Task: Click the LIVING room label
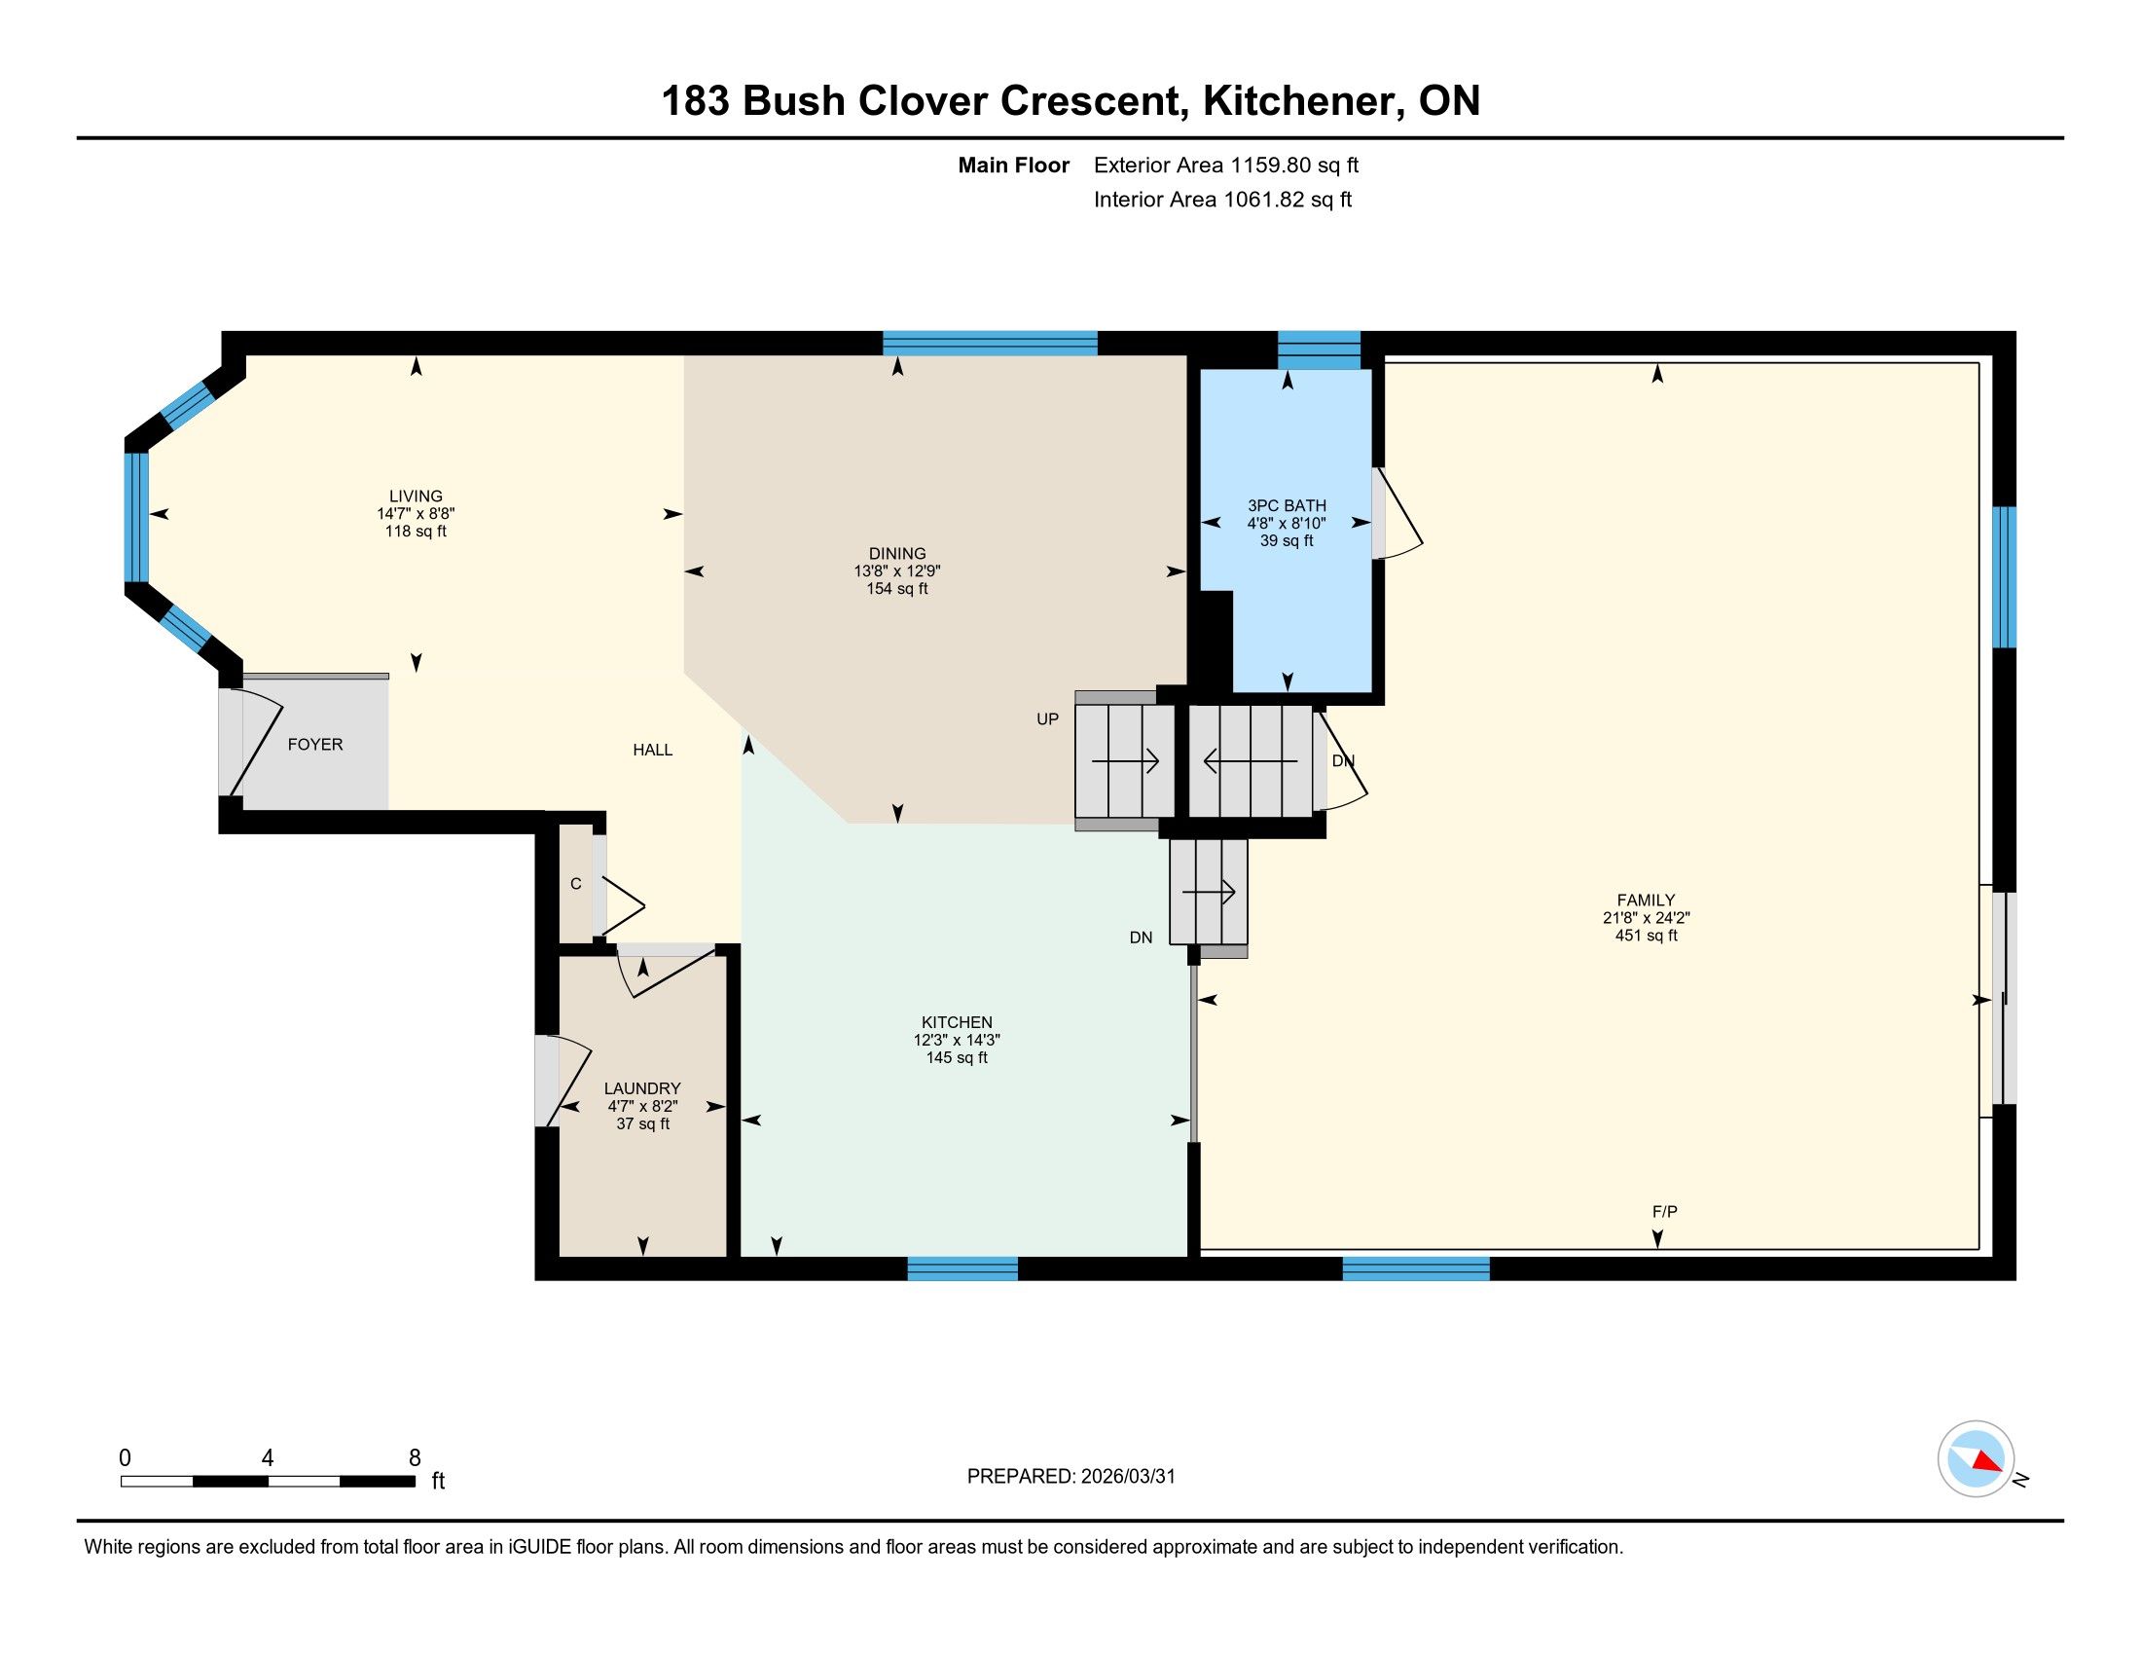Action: pyautogui.click(x=416, y=496)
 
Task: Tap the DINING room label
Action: pyautogui.click(x=897, y=553)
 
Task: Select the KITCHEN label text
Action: pyautogui.click(x=957, y=1021)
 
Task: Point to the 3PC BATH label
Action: pyautogui.click(x=1287, y=506)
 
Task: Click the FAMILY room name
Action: pyautogui.click(x=1646, y=901)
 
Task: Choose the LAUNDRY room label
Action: pyautogui.click(x=642, y=1088)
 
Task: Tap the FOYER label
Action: pyautogui.click(x=314, y=744)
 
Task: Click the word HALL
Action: pyautogui.click(x=653, y=750)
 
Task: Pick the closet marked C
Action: pyautogui.click(x=576, y=884)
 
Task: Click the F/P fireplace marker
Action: pyautogui.click(x=1664, y=1212)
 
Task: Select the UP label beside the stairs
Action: pyautogui.click(x=1048, y=718)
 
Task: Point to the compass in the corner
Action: pyautogui.click(x=1977, y=1459)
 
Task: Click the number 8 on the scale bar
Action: pyautogui.click(x=415, y=1458)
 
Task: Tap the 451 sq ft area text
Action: pyautogui.click(x=1646, y=936)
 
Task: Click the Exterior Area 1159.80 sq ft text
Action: pyautogui.click(x=1226, y=165)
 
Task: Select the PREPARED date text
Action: pyautogui.click(x=1070, y=1477)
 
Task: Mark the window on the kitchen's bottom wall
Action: pyautogui.click(x=962, y=1269)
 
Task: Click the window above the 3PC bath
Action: pyautogui.click(x=1320, y=350)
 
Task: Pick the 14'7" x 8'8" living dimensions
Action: pyautogui.click(x=416, y=514)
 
